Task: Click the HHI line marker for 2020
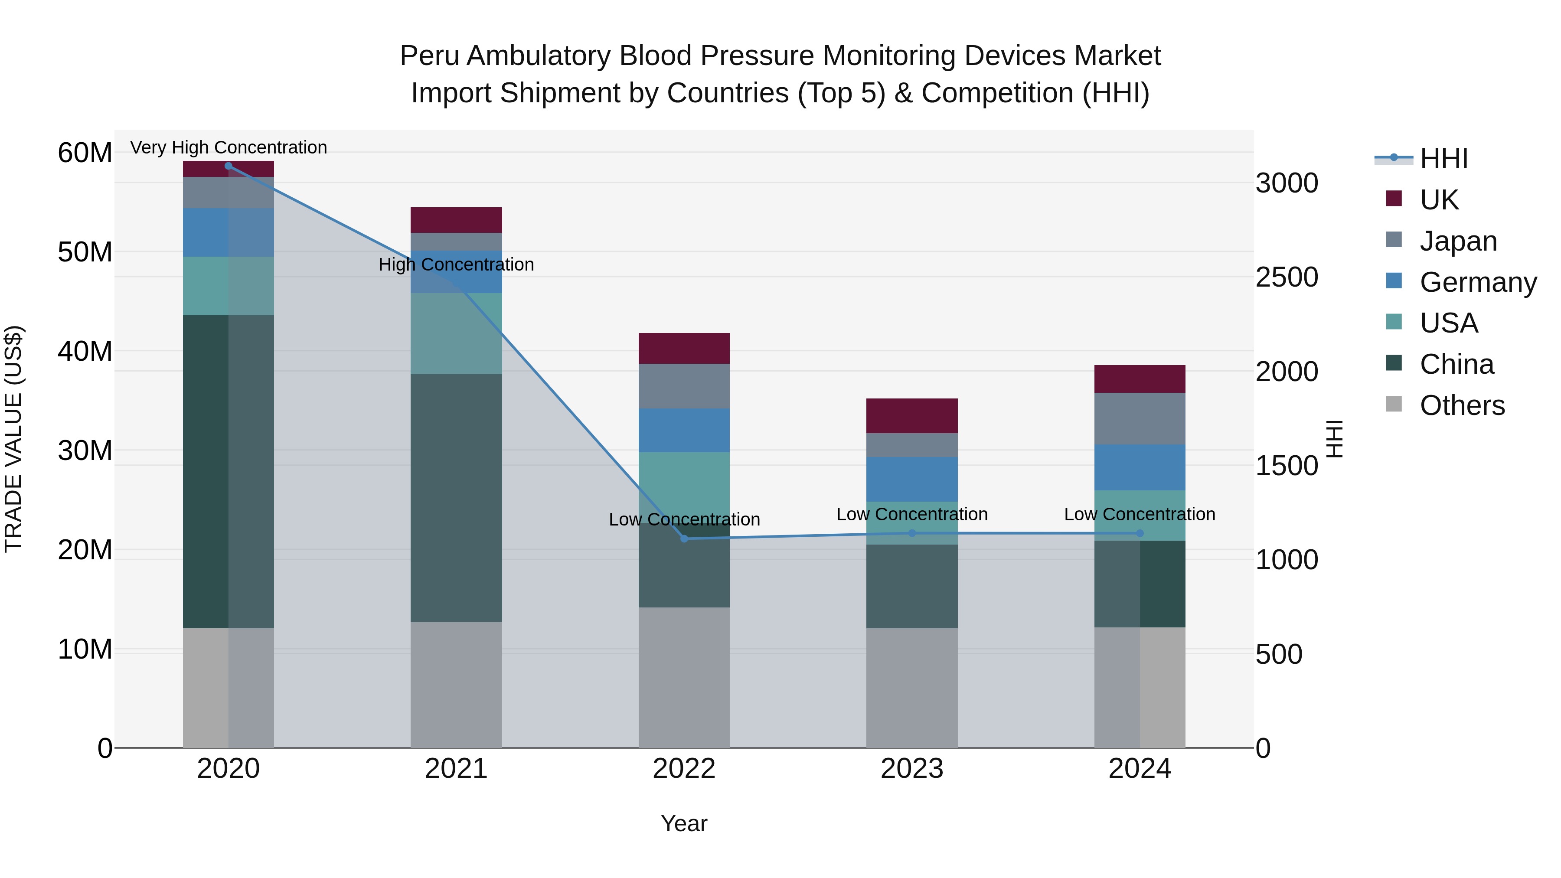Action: [229, 166]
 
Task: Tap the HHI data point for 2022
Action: [684, 539]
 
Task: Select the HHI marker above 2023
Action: [912, 533]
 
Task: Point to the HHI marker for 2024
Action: [1140, 533]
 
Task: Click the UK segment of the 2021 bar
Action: [456, 220]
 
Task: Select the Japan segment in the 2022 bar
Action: [684, 386]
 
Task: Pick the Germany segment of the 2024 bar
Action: [1140, 467]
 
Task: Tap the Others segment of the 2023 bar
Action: [912, 688]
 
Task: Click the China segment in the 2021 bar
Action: [456, 498]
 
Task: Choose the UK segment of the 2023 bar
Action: [912, 416]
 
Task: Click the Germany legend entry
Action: [1477, 282]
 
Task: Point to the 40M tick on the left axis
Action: [85, 352]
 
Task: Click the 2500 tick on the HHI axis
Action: [1287, 277]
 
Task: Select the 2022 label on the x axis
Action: [684, 769]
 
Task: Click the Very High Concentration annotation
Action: [229, 147]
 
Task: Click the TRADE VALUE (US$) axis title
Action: [13, 439]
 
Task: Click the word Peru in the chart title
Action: [430, 56]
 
